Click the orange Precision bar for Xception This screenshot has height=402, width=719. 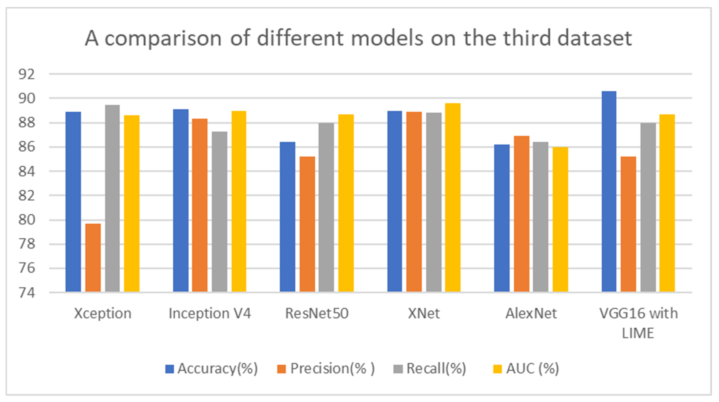tap(93, 258)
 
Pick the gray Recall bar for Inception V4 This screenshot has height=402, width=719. tap(219, 212)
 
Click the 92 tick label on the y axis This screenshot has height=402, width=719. tap(26, 74)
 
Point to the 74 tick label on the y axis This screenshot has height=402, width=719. tap(26, 293)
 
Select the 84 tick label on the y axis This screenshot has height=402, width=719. tap(26, 171)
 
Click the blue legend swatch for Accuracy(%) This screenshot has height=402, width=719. tap(169, 369)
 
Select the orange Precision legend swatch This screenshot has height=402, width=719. tap(281, 369)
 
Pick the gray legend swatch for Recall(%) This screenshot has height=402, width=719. tap(398, 369)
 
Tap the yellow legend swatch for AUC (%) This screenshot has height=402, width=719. tap(497, 369)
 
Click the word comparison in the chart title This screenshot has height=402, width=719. tap(163, 38)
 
